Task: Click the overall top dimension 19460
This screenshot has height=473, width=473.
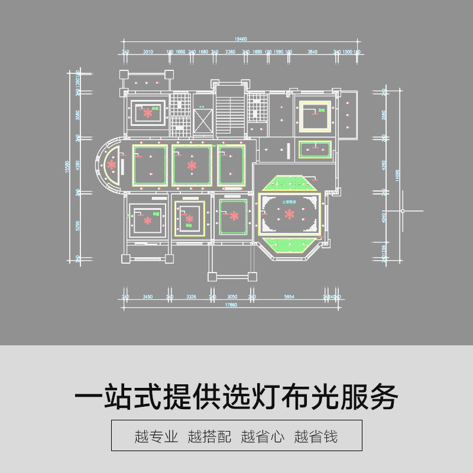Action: [x=240, y=39]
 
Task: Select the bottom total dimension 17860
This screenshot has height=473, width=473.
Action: [x=231, y=305]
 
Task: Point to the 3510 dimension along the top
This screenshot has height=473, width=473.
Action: [x=148, y=52]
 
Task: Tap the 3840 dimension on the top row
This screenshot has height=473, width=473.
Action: [x=313, y=52]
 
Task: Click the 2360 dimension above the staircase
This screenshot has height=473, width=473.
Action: [x=231, y=52]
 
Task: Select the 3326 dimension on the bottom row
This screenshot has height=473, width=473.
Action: [x=191, y=296]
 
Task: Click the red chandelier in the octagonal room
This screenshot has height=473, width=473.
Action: [x=289, y=213]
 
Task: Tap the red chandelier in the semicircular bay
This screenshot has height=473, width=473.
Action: [x=111, y=165]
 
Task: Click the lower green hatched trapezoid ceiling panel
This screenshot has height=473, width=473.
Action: [x=289, y=244]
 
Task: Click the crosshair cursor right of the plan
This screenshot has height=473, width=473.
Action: [x=403, y=211]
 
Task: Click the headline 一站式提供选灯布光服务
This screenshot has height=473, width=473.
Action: [x=237, y=397]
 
